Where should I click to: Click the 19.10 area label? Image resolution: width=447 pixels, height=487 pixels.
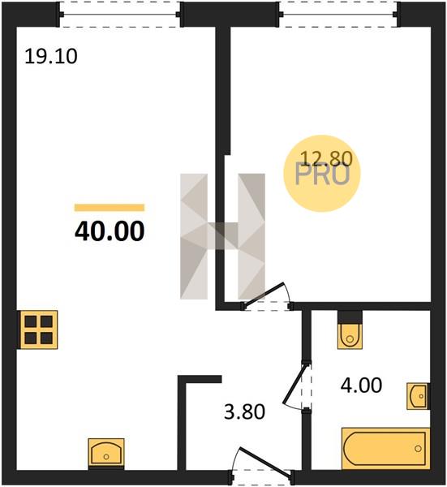(51, 57)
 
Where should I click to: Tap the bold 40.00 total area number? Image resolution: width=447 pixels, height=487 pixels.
(110, 231)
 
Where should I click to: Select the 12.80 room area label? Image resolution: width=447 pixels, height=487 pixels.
(327, 158)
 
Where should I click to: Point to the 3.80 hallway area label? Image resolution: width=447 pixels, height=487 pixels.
(245, 412)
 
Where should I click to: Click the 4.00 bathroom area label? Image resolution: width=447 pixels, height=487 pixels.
(361, 386)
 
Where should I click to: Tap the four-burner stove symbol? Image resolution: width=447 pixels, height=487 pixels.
(39, 330)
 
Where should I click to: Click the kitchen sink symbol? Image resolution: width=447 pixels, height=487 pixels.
(106, 453)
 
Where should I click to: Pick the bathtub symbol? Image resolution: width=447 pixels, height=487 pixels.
(385, 448)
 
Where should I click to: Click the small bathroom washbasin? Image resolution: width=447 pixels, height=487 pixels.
(418, 396)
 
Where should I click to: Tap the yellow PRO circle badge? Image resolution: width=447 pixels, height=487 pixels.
(322, 174)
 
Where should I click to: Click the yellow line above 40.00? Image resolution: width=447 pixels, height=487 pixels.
(110, 208)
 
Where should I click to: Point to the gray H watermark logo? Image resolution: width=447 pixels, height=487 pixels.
(222, 236)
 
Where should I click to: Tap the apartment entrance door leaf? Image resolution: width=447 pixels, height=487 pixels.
(264, 462)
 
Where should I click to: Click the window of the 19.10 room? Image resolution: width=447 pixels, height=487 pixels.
(120, 15)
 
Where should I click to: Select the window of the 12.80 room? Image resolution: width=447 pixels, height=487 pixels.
(337, 15)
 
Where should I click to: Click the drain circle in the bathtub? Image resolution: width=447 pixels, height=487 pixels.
(418, 449)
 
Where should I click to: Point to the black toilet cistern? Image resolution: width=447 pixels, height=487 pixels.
(350, 317)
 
